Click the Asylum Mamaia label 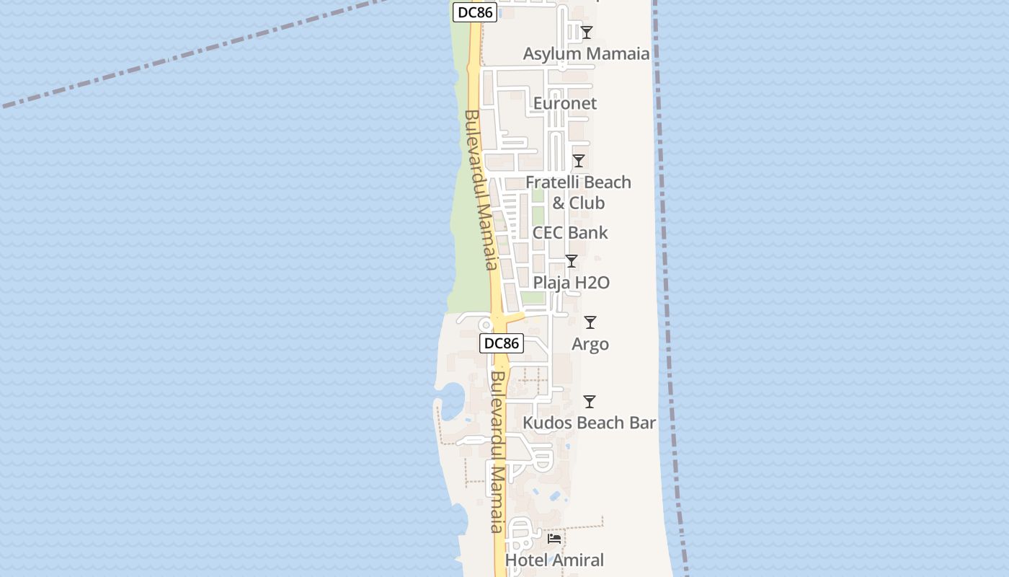tap(586, 54)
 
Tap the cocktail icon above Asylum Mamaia tap(587, 32)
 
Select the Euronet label tap(565, 104)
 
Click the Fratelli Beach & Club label tap(578, 193)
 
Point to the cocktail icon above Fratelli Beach tap(578, 161)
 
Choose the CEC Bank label tap(570, 233)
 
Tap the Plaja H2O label tap(572, 283)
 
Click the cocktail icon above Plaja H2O tap(572, 261)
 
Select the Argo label tap(590, 345)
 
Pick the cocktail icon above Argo tap(590, 322)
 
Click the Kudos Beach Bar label tap(590, 423)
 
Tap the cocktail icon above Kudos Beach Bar tap(590, 402)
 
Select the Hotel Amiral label tap(554, 560)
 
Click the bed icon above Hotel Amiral tap(554, 539)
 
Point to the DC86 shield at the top tap(476, 12)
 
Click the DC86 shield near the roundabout tap(502, 343)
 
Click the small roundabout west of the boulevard tap(485, 325)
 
